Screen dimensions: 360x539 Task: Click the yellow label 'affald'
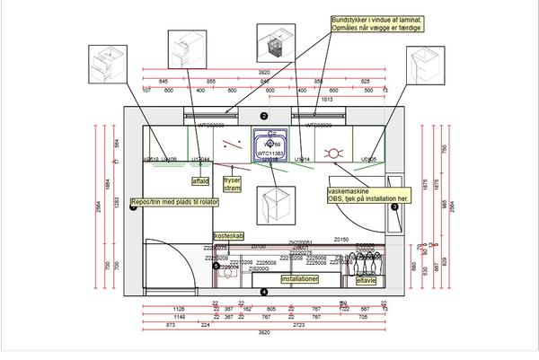200,180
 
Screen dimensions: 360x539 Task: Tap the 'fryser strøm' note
234,184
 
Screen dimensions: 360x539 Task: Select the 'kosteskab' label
228,235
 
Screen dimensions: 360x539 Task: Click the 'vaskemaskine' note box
366,195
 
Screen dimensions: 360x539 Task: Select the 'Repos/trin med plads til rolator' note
174,202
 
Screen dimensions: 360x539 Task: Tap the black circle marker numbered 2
264,117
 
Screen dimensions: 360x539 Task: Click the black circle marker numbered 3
394,206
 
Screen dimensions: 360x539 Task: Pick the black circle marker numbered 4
264,292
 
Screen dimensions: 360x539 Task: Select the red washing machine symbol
334,153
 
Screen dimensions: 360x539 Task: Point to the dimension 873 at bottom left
168,324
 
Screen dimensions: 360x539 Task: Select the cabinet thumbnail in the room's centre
272,206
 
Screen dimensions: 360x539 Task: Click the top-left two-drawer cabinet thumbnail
110,66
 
